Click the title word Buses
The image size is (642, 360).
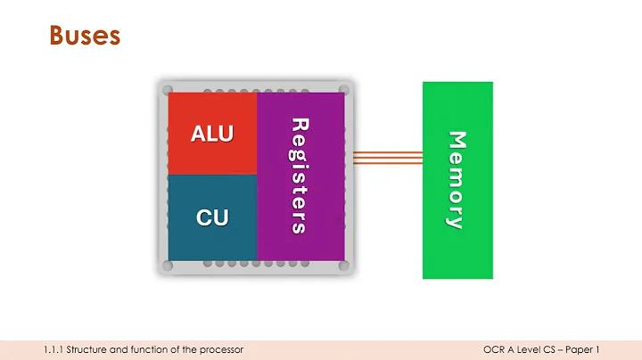tap(83, 37)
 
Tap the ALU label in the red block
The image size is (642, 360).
tap(212, 135)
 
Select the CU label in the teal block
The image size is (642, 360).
tap(212, 217)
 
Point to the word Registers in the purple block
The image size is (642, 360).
tap(300, 176)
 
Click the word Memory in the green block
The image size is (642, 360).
tap(456, 180)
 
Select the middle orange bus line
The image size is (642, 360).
tap(387, 159)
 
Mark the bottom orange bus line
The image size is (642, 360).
tap(387, 163)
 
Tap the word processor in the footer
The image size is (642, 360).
tap(222, 348)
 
